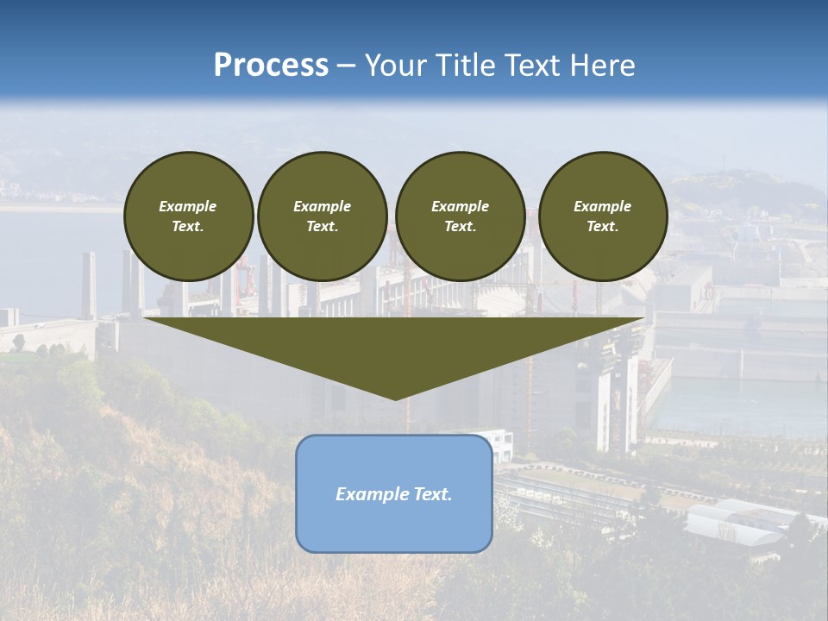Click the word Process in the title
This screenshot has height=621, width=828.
[x=271, y=66]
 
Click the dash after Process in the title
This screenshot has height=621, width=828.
[x=347, y=66]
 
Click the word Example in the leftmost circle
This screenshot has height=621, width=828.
[x=188, y=206]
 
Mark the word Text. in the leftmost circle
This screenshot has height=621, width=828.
[x=188, y=226]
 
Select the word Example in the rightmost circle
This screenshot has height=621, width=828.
[x=602, y=206]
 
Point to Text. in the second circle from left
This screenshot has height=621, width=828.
[x=323, y=226]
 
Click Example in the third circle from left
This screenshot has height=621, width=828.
[x=460, y=206]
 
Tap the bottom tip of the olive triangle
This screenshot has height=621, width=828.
[x=395, y=398]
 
